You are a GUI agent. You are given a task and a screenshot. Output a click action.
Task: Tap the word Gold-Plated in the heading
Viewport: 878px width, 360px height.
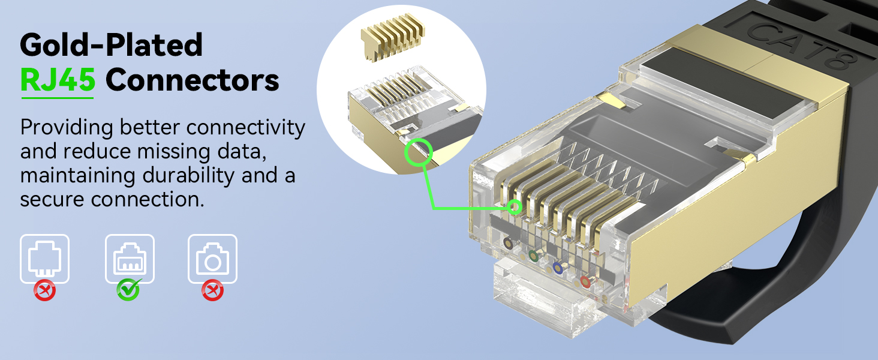point(112,44)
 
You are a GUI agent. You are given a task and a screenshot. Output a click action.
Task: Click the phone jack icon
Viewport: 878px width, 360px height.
point(44,259)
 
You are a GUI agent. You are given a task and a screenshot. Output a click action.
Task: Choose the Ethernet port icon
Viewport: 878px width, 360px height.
point(130,259)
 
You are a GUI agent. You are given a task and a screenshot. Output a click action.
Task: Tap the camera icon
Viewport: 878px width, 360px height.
point(212,259)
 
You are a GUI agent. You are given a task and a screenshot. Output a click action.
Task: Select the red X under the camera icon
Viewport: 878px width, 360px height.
point(212,291)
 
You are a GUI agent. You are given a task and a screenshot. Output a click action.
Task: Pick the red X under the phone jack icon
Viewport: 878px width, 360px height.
point(44,291)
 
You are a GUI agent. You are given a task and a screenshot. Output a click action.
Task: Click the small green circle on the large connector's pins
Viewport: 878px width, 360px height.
point(514,208)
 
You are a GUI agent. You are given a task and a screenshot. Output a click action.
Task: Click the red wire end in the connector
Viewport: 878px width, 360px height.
point(585,281)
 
